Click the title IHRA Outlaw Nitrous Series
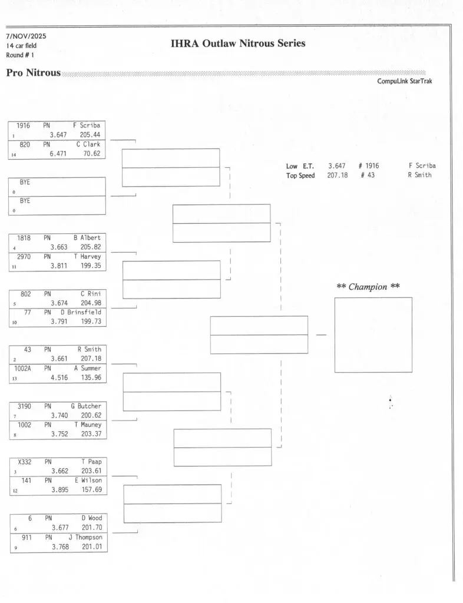pos(238,44)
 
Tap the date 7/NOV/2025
pos(26,37)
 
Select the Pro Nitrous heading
pos(33,72)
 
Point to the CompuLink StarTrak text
pos(404,81)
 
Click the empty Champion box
pos(373,334)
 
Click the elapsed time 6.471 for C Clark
pos(58,154)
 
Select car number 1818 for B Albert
pos(24,238)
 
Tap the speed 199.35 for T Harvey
pos(90,266)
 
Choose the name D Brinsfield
pos(81,313)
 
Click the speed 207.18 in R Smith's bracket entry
pos(90,359)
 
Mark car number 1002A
pos(25,369)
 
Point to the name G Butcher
pos(86,406)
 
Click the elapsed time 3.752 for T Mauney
pos(59,434)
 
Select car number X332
pos(25,462)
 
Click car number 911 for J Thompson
pos(25,538)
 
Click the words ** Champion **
pos(368,287)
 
